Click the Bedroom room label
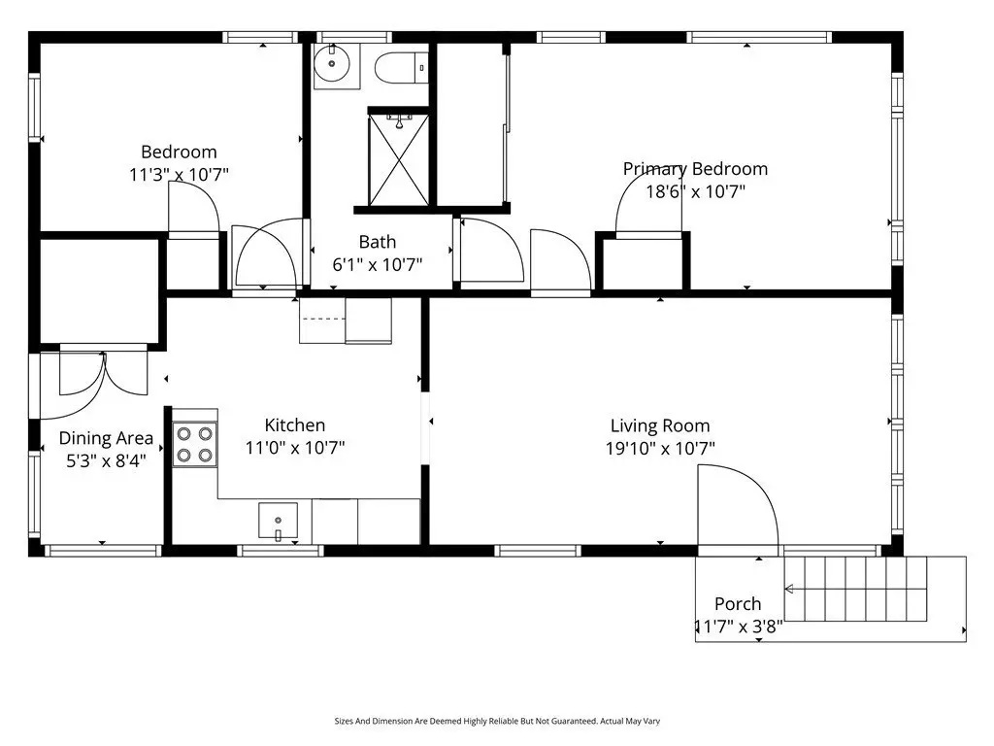point(179,153)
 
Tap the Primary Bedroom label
point(695,169)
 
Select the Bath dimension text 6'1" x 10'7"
point(378,264)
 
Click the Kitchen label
point(295,425)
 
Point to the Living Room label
point(660,425)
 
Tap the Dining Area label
point(106,438)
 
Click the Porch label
point(738,604)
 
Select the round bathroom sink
point(332,64)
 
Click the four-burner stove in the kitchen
point(194,445)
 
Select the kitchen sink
point(278,521)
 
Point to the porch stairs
point(856,589)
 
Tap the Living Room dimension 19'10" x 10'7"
point(660,449)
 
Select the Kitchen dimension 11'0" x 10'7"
point(295,448)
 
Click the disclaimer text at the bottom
point(497,722)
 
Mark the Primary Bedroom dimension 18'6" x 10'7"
point(695,191)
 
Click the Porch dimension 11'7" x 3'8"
point(739,627)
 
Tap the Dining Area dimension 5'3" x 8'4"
point(106,460)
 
